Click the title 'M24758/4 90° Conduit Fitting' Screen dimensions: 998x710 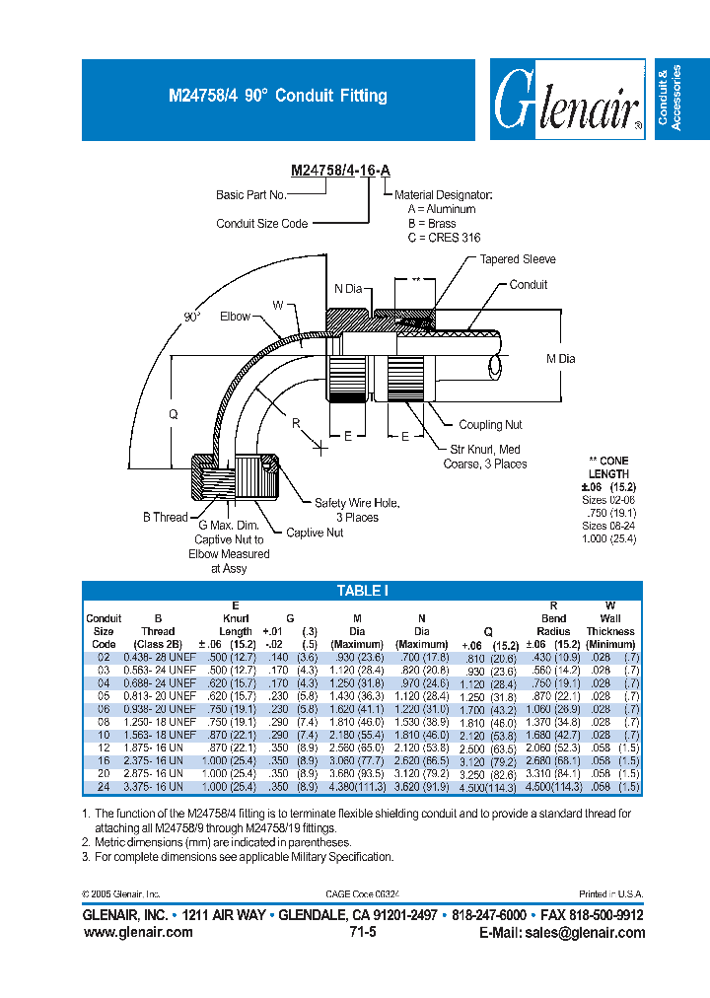(278, 97)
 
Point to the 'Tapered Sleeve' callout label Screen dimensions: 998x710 (518, 259)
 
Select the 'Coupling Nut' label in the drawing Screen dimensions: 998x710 (490, 425)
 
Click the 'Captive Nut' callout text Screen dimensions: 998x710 (315, 534)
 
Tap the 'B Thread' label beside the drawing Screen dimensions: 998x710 (165, 517)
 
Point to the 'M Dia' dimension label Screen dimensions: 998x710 (560, 359)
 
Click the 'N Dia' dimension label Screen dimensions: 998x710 (348, 289)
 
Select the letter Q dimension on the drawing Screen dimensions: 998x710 (174, 415)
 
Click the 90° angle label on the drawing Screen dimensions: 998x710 (191, 317)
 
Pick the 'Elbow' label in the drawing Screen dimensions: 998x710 (235, 317)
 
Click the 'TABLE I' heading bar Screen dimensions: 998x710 (363, 591)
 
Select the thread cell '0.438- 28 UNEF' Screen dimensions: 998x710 (157, 657)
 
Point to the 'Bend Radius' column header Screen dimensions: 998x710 (553, 624)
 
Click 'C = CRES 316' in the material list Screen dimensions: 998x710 (444, 238)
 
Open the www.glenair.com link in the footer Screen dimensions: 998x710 (137, 933)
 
